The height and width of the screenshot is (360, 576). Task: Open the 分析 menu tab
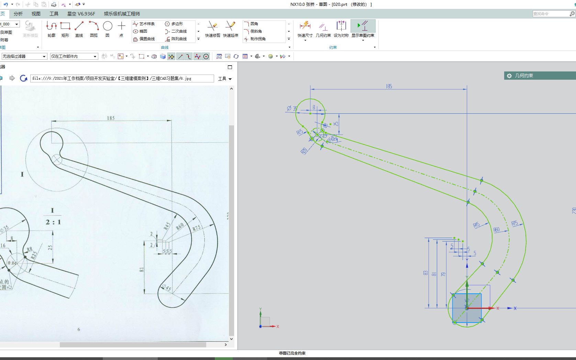coord(18,14)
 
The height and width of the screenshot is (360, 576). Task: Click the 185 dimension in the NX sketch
coord(389,87)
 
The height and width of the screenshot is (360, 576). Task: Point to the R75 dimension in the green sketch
coord(514,224)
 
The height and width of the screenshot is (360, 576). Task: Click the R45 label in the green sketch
coord(476,225)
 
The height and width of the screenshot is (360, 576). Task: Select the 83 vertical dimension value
coord(426,273)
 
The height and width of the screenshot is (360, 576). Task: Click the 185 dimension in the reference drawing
coord(111,118)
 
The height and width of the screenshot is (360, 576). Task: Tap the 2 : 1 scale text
coord(53,222)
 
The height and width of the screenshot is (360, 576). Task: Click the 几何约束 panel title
coord(524,76)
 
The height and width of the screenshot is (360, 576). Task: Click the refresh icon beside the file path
coord(23,78)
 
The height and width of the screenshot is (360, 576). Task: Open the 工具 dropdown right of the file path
coord(225,79)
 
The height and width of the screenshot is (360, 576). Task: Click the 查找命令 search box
coord(551,14)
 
